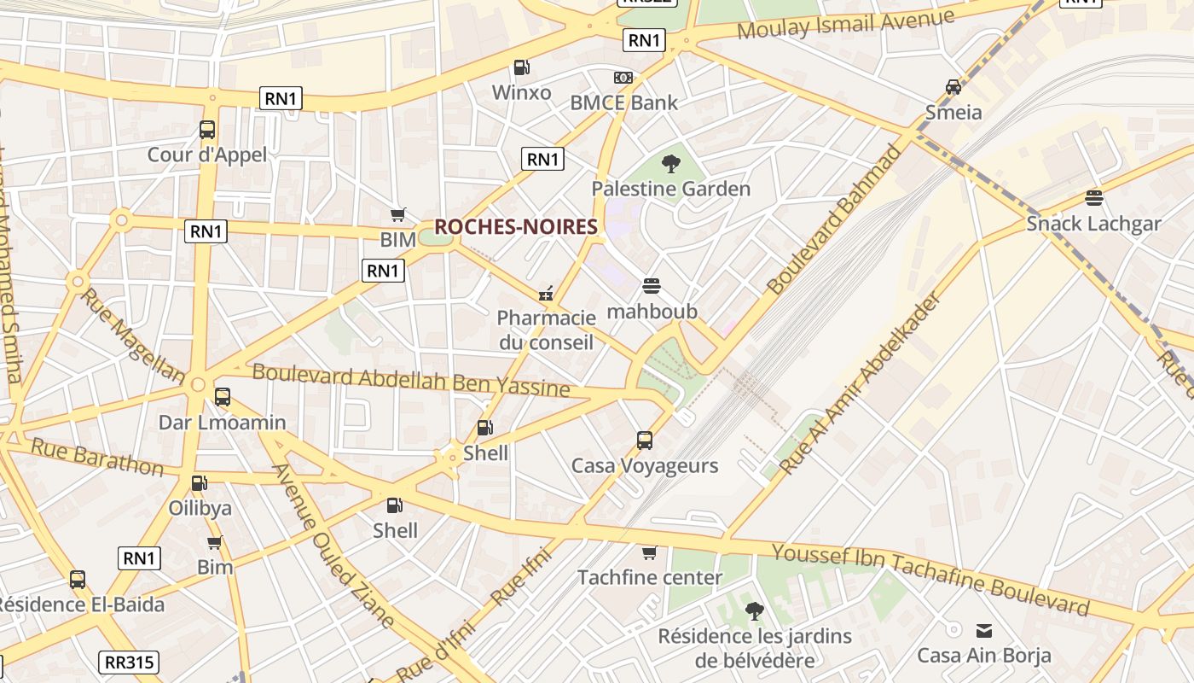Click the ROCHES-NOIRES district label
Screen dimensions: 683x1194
pyautogui.click(x=515, y=227)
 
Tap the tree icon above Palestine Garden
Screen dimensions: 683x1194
pyautogui.click(x=671, y=164)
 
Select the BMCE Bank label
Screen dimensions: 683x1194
pyautogui.click(x=623, y=102)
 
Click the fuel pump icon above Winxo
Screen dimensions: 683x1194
pyautogui.click(x=521, y=67)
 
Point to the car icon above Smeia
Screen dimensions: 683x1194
pyautogui.click(x=953, y=87)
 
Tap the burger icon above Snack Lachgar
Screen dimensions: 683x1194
pyautogui.click(x=1094, y=199)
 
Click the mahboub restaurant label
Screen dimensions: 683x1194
pyautogui.click(x=652, y=312)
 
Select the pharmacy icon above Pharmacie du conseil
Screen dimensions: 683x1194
pyautogui.click(x=546, y=294)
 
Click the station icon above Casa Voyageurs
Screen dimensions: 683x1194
pyautogui.click(x=645, y=441)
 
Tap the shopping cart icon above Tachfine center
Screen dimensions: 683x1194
pyautogui.click(x=650, y=553)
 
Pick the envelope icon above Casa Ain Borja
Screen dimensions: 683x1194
pyautogui.click(x=984, y=631)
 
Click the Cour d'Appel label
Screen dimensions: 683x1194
pyautogui.click(x=207, y=155)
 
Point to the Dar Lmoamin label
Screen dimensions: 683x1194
pyautogui.click(x=222, y=423)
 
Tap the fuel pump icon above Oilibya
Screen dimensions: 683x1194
pyautogui.click(x=199, y=483)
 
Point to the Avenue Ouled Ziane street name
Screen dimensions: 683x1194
pyautogui.click(x=333, y=546)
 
